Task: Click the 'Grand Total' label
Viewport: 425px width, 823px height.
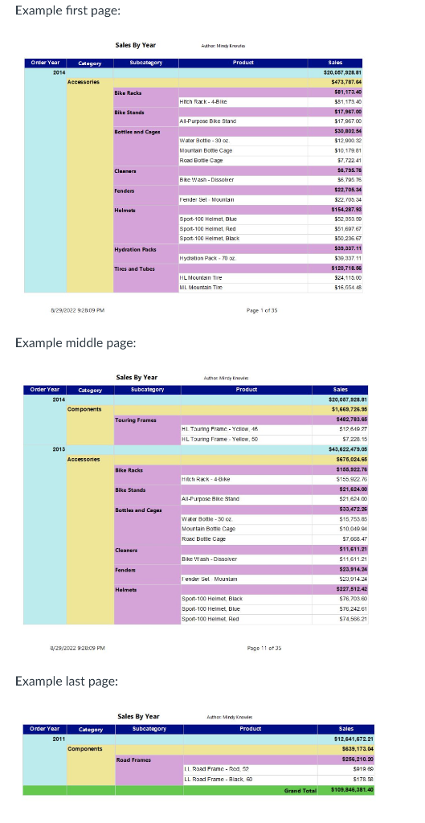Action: [x=301, y=790]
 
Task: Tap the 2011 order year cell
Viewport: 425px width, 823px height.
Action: [x=59, y=738]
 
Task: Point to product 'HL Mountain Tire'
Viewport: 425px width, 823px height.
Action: [x=201, y=276]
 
